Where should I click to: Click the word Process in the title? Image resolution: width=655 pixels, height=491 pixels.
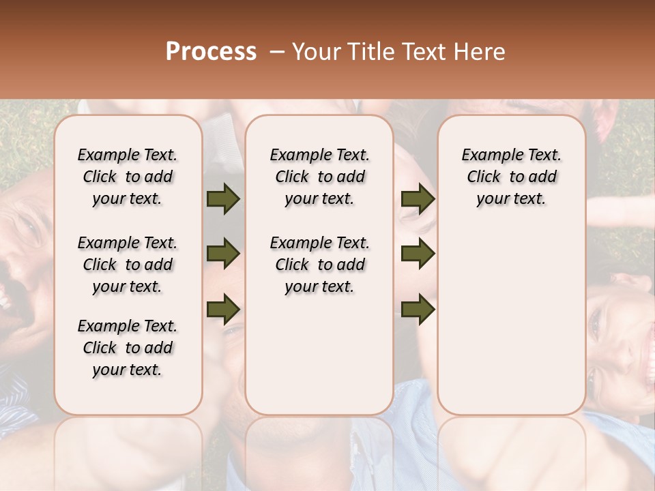pos(211,52)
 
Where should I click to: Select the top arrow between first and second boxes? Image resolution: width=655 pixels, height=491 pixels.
pos(223,199)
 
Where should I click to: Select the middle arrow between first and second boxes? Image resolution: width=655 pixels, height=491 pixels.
pos(223,254)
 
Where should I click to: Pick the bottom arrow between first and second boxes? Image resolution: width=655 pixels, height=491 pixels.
pos(223,308)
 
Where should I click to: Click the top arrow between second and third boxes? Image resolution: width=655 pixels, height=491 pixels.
pos(418,199)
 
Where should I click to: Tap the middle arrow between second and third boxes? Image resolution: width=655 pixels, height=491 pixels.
pos(418,254)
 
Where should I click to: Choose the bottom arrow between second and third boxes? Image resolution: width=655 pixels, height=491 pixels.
pos(418,309)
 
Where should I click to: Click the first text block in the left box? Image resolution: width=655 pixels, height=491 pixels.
pos(128,177)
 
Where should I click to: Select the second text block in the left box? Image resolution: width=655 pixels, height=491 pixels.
pos(128,265)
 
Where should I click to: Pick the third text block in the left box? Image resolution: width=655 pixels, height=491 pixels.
pos(128,348)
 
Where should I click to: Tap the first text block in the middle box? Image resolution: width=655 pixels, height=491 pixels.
pos(319,177)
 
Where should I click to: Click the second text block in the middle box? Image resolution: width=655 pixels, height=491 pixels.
pos(319,265)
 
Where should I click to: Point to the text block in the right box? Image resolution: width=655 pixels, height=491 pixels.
pos(511,177)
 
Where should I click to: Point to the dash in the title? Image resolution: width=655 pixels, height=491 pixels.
pos(277,52)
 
